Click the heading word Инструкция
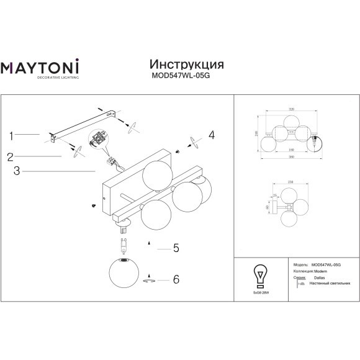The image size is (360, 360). (187, 65)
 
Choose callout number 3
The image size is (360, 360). (17, 170)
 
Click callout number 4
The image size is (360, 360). (211, 135)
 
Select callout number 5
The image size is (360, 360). (176, 248)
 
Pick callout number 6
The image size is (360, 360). (176, 279)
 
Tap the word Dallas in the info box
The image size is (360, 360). (320, 277)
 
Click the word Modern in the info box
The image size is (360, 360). (320, 271)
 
